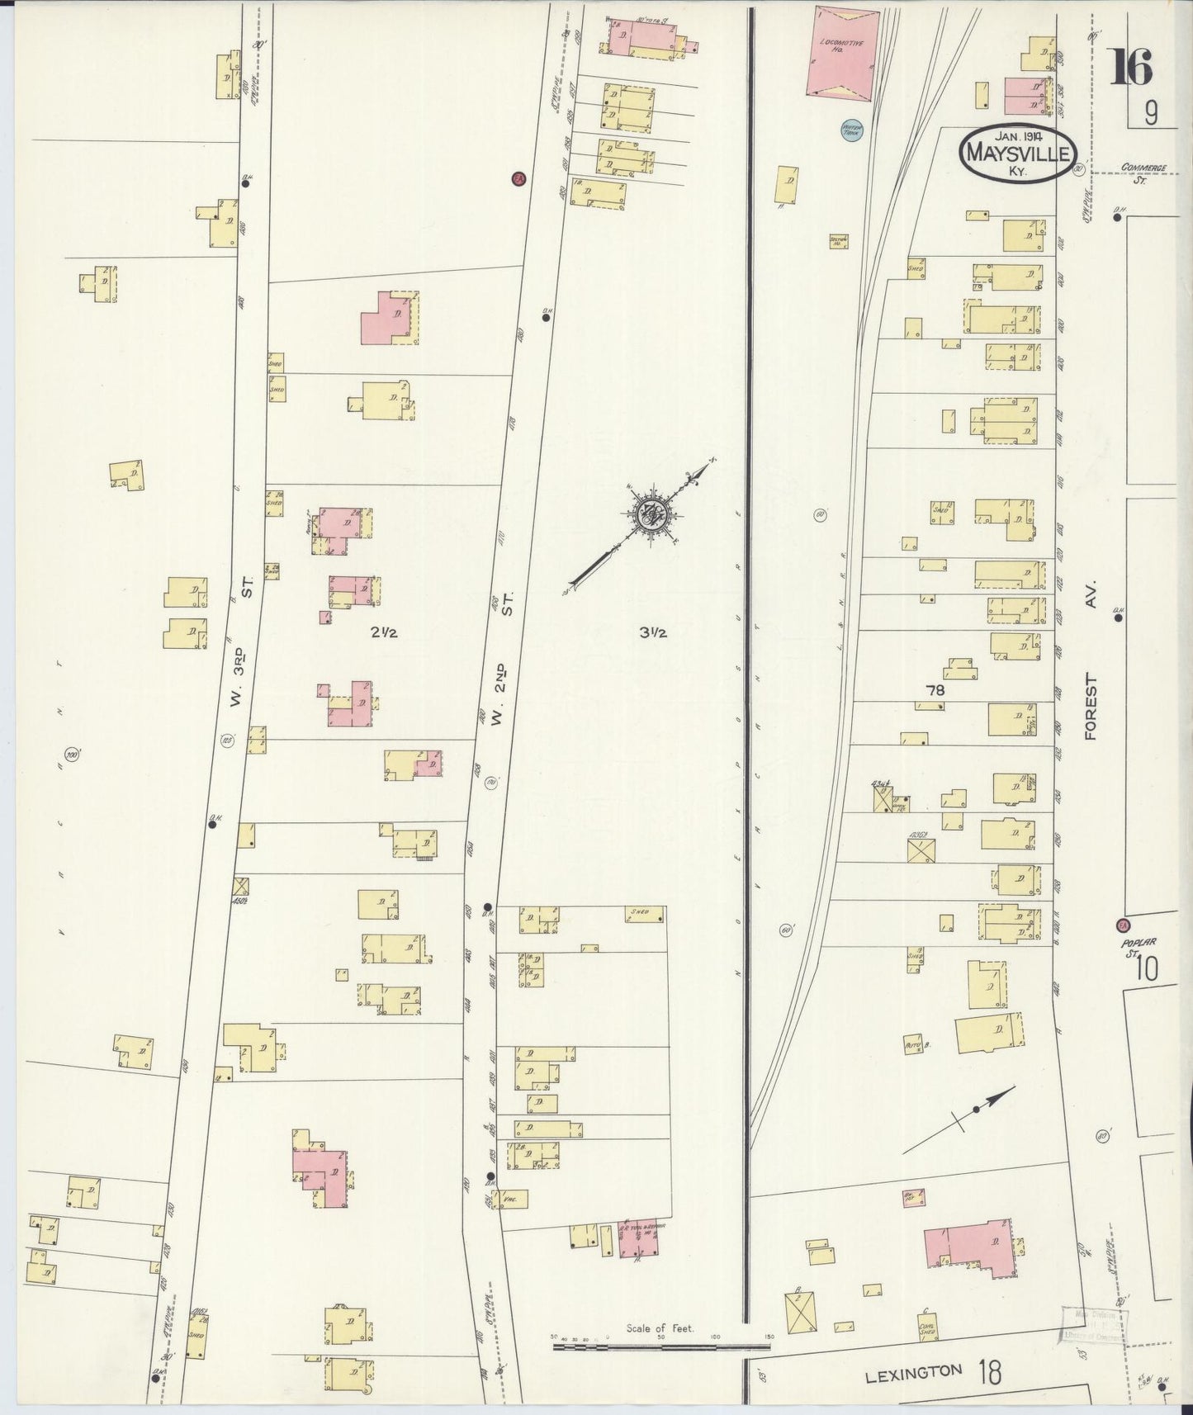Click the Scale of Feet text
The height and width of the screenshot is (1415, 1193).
coord(660,1329)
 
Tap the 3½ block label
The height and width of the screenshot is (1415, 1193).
coord(652,633)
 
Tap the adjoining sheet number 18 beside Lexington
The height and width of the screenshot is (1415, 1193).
coord(990,1374)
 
